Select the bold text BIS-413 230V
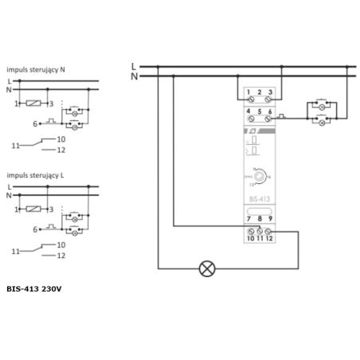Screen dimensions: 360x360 [33, 288]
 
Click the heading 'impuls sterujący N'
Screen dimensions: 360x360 [36, 70]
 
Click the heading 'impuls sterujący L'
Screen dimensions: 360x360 [36, 174]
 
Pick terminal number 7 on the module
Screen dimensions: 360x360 [248, 218]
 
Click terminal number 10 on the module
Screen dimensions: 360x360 [248, 237]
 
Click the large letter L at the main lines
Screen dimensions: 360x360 [134, 65]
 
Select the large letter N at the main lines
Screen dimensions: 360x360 [134, 76]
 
